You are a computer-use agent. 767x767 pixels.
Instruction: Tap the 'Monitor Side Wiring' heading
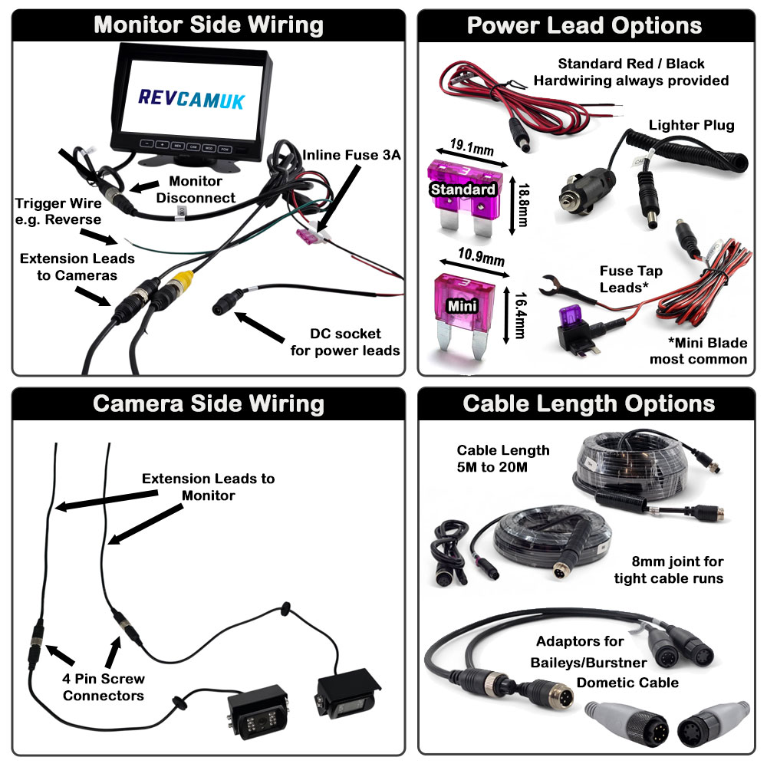[x=208, y=25]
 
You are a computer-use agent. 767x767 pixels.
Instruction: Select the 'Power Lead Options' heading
[x=584, y=25]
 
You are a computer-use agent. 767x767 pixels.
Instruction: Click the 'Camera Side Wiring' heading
[x=208, y=403]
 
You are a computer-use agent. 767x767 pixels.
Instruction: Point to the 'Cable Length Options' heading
[x=589, y=403]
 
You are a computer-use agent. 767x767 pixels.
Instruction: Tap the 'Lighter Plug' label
[x=691, y=125]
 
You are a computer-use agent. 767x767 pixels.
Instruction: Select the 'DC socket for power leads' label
[x=345, y=343]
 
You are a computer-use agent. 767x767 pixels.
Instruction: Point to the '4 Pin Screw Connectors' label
[x=104, y=687]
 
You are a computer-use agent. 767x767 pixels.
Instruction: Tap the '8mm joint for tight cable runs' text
[x=668, y=570]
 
